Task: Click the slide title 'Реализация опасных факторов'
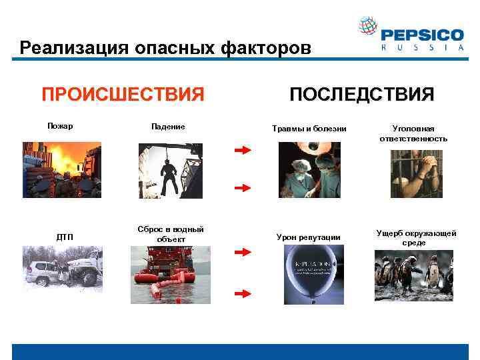[x=165, y=48]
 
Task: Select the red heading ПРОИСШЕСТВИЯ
[x=123, y=94]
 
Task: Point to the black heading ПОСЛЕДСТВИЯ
[x=361, y=94]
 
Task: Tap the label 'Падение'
[x=168, y=126]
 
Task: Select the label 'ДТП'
[x=65, y=237]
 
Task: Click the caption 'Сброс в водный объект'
[x=170, y=234]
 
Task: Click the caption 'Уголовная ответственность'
[x=413, y=133]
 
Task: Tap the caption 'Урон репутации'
[x=308, y=237]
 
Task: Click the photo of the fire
[x=61, y=169]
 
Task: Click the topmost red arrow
[x=242, y=151]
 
